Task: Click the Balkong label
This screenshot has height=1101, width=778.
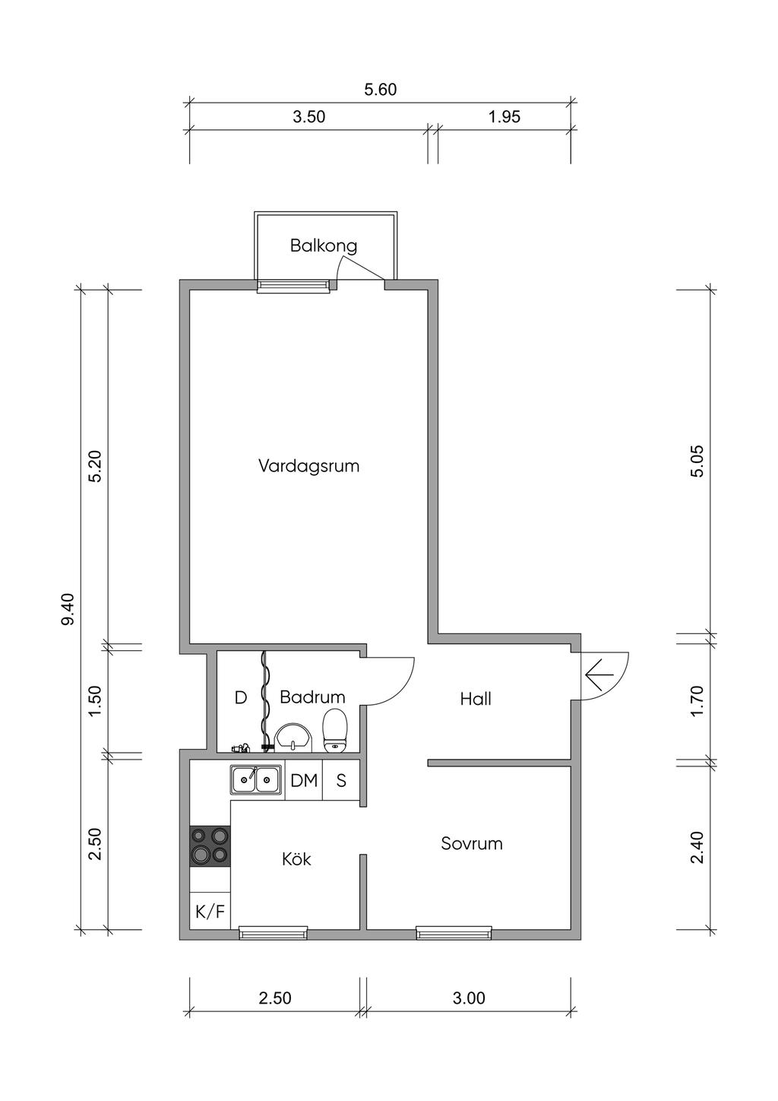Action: click(x=323, y=246)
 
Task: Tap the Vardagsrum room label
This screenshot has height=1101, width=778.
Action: click(x=309, y=466)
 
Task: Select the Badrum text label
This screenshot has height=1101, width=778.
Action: click(x=312, y=697)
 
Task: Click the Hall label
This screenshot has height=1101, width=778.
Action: click(x=476, y=699)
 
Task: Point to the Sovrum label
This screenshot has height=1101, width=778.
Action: click(x=472, y=843)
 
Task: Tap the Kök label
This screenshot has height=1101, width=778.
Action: click(x=296, y=859)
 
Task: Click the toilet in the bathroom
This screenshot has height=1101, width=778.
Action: click(x=336, y=731)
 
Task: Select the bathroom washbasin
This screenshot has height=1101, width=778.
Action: click(x=294, y=738)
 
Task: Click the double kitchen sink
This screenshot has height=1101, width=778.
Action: click(x=256, y=779)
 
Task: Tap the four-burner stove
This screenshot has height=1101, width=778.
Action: click(x=210, y=846)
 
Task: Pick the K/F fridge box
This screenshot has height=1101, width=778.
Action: click(x=210, y=912)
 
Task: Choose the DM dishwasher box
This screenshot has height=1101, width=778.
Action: click(x=304, y=780)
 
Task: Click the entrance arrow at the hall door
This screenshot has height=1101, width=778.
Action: click(x=599, y=675)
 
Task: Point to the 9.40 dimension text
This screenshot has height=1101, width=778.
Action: click(x=68, y=610)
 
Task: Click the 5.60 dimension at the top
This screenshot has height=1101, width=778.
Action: click(x=380, y=90)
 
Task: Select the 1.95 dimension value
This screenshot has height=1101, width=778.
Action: click(x=504, y=117)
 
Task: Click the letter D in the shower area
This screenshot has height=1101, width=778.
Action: click(x=240, y=697)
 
